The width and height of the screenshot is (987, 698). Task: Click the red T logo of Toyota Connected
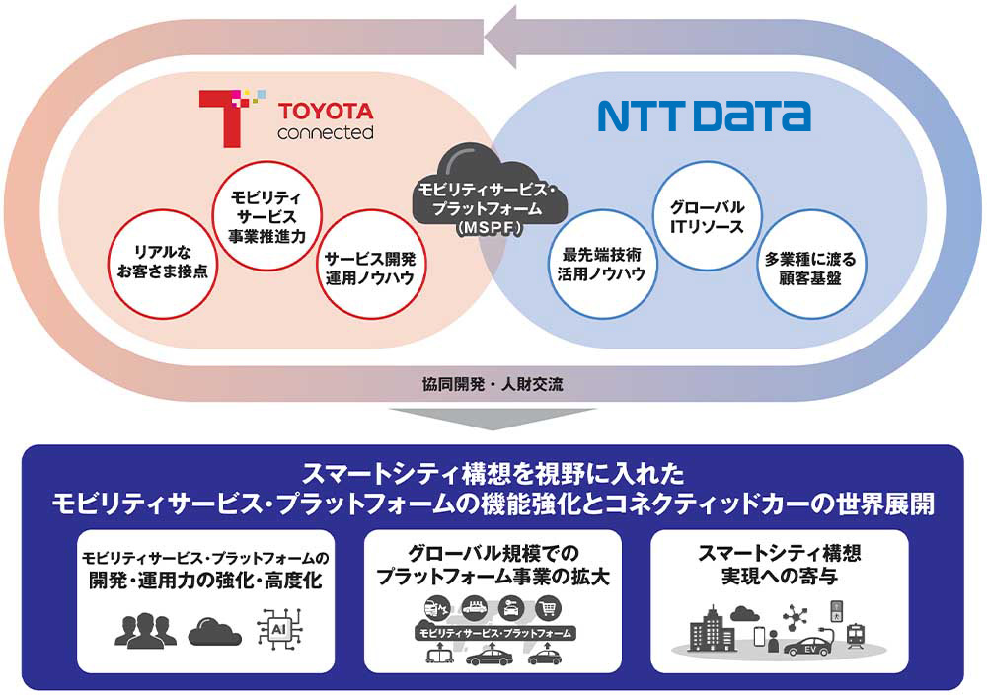(225, 116)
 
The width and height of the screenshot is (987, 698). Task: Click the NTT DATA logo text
(704, 116)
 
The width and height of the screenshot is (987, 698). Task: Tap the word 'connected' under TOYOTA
(325, 132)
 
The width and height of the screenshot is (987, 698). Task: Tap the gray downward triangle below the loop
(493, 421)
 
